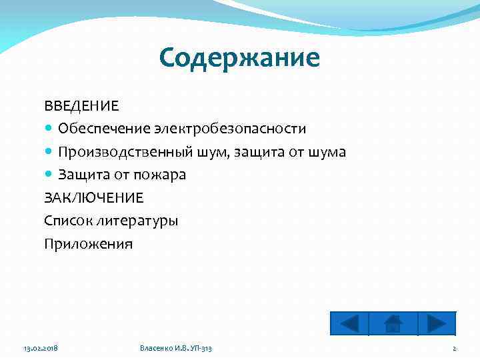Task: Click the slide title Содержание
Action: click(x=239, y=58)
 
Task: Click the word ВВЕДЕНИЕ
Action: click(x=81, y=106)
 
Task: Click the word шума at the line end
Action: click(x=327, y=152)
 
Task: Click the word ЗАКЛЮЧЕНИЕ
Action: click(x=93, y=198)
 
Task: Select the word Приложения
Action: click(x=88, y=244)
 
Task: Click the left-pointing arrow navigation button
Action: click(x=349, y=323)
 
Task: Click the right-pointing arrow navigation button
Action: click(x=437, y=323)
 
